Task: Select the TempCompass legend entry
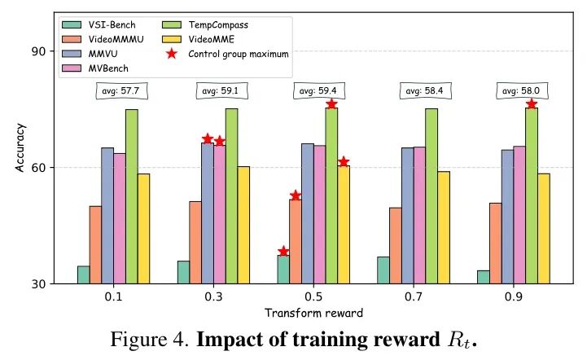[218, 24]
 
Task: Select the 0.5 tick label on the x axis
[313, 298]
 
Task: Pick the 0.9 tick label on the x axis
[513, 298]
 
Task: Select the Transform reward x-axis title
[313, 313]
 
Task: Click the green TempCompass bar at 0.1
[131, 196]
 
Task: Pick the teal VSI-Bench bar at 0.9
[483, 277]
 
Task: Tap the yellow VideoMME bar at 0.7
[444, 227]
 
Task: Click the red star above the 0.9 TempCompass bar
[532, 103]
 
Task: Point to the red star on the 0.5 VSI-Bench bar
[283, 252]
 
